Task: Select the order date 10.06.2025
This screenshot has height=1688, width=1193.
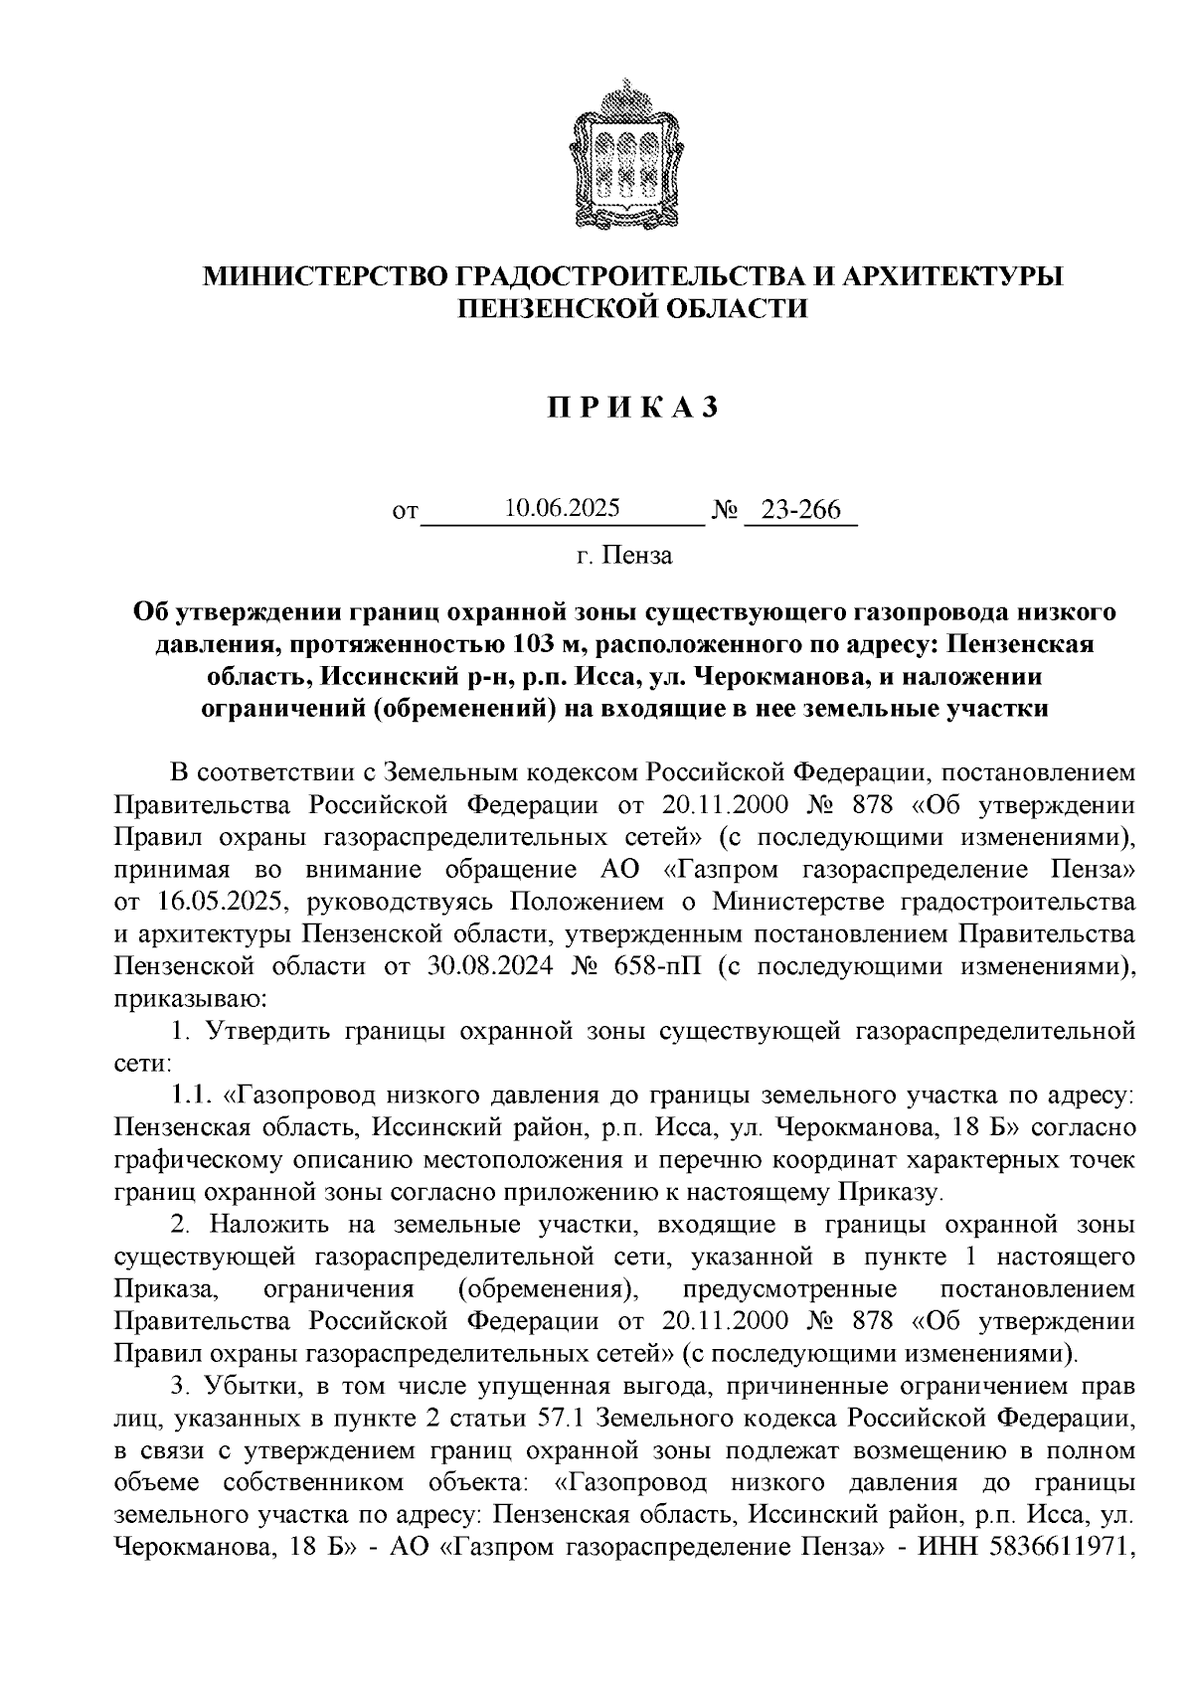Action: (562, 509)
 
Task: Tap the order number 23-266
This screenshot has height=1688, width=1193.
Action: (800, 510)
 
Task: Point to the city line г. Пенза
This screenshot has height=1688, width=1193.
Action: (624, 555)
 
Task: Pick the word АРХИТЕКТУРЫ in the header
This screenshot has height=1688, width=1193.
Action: (952, 275)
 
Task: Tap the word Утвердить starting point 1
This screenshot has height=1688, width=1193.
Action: (265, 1031)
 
